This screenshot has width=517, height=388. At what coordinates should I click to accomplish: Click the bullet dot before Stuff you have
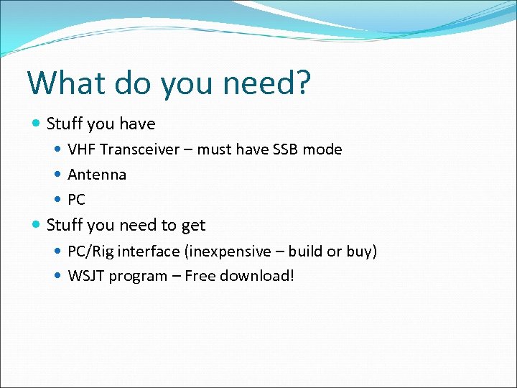[37, 124]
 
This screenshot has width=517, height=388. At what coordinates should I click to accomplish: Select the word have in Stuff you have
[138, 124]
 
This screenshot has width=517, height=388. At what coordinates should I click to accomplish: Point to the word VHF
[83, 149]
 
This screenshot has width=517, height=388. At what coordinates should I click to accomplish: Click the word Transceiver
[139, 149]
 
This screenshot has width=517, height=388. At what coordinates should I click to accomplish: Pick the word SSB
[285, 149]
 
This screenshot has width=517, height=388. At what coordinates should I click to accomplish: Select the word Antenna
[97, 175]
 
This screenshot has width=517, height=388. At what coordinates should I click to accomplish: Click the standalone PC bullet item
[76, 200]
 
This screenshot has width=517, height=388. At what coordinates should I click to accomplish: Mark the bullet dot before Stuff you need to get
[37, 225]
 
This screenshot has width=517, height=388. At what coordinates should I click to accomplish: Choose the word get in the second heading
[193, 226]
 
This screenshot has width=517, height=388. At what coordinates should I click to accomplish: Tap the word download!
[258, 276]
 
